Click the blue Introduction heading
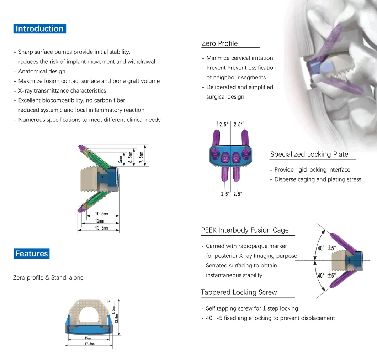pos(39,29)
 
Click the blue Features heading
pos(31,254)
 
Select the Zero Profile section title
pos(219,43)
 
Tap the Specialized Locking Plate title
pos(309,154)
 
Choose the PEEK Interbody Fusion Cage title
pos(245,230)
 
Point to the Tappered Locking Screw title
pos(239,292)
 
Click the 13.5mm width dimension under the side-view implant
pos(101,228)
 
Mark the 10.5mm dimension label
pos(101,214)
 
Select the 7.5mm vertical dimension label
pos(141,156)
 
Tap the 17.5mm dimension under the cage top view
pos(90,344)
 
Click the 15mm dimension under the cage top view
pos(88,338)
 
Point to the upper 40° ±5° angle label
pos(326,248)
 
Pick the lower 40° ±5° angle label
pos(326,275)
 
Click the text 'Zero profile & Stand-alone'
pos(48,277)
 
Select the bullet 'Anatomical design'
pos(42,71)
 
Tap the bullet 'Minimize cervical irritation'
pos(239,58)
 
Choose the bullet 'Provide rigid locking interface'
pos(312,170)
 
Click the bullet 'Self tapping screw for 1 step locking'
pos(251,308)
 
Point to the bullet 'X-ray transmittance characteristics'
pos(62,91)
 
